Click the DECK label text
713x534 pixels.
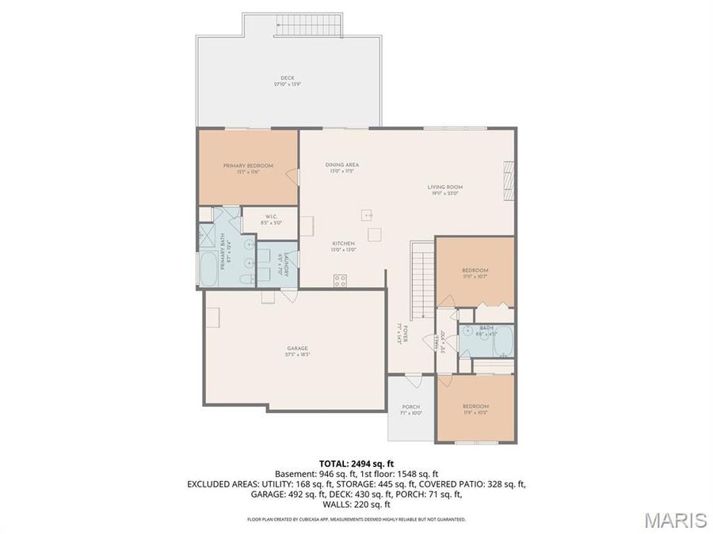[288, 78]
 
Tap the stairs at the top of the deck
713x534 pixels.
[310, 27]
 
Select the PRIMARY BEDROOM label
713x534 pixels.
[248, 165]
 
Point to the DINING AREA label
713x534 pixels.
[342, 165]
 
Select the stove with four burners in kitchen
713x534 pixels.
[341, 278]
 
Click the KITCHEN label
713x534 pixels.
[343, 243]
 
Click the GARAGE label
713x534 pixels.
[297, 348]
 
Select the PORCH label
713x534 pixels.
[411, 407]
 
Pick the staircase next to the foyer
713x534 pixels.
[421, 277]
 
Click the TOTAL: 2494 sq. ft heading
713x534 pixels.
[356, 463]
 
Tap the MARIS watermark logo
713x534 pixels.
[675, 520]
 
